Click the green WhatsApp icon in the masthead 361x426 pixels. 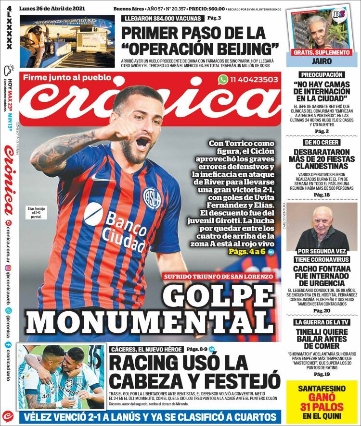(x=223, y=80)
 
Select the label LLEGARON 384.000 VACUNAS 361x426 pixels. (x=162, y=18)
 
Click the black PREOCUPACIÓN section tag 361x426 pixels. (x=322, y=75)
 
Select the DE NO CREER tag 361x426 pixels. (x=322, y=143)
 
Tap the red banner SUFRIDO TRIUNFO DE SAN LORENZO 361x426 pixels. (x=219, y=276)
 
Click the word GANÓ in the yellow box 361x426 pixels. (x=322, y=397)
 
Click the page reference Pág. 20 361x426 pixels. (x=322, y=310)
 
